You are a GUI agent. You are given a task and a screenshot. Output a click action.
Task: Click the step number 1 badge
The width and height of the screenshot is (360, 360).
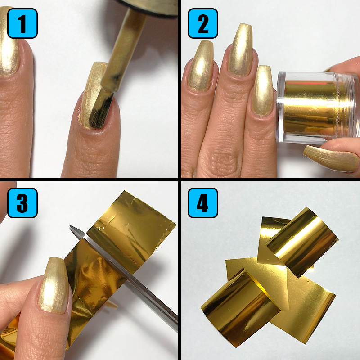[22, 23]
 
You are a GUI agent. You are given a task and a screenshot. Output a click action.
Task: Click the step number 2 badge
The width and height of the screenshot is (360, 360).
[202, 23]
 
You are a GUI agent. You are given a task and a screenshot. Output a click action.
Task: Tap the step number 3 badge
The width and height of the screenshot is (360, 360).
[22, 203]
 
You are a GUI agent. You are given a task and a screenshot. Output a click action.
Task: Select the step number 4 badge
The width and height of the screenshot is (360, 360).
[202, 203]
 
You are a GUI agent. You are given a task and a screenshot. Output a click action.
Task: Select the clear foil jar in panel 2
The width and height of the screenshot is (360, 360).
[310, 108]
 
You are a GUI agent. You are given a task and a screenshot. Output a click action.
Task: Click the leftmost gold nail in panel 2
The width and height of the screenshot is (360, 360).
[201, 65]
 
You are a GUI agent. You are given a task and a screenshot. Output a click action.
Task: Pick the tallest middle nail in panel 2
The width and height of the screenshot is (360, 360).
[242, 54]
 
